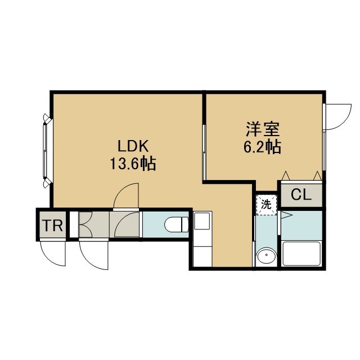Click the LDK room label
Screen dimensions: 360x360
[x=133, y=146]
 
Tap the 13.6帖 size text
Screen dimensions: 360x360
[x=133, y=164]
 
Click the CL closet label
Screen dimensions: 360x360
[x=301, y=195]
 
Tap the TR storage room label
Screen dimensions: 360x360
[x=53, y=226]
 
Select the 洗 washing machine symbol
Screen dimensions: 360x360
[x=267, y=205]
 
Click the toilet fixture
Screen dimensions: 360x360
[x=176, y=224]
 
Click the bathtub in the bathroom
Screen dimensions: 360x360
[x=301, y=254]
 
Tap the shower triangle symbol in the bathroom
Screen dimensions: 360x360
[x=286, y=215]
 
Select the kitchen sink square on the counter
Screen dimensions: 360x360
[x=202, y=221]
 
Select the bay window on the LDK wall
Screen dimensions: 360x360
[x=47, y=151]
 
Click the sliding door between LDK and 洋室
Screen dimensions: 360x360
[x=204, y=152]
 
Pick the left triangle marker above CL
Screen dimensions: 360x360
[x=286, y=175]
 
